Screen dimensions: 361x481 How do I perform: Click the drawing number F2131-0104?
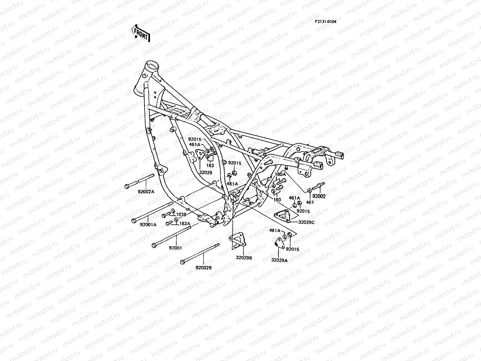pyautogui.click(x=326, y=21)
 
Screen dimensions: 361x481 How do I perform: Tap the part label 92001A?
pyautogui.click(x=148, y=224)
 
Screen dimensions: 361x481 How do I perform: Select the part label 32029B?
pyautogui.click(x=244, y=258)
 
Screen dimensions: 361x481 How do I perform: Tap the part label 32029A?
pyautogui.click(x=279, y=260)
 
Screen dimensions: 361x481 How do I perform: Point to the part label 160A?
pyautogui.click(x=279, y=174)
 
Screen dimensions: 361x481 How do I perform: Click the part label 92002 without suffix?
pyautogui.click(x=319, y=196)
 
